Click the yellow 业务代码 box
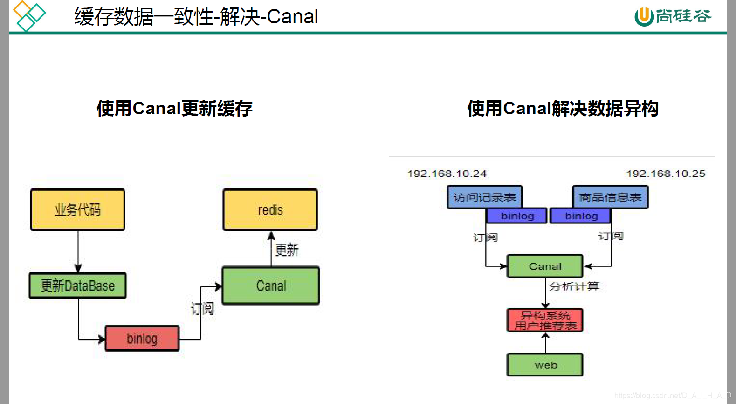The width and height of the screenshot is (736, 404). (x=78, y=210)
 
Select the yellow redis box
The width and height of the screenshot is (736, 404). (x=270, y=210)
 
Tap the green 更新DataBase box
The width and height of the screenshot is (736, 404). (x=78, y=286)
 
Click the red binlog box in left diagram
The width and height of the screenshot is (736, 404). (x=142, y=339)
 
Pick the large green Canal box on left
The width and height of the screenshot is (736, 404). (x=271, y=286)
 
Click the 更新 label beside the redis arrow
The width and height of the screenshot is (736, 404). (x=287, y=250)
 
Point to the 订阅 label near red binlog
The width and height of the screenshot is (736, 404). (x=202, y=308)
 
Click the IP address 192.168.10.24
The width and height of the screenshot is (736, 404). (x=447, y=174)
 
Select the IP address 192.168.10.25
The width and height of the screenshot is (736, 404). (x=666, y=174)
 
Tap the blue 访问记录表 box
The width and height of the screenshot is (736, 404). (x=484, y=197)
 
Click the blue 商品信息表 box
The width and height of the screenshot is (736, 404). (x=610, y=197)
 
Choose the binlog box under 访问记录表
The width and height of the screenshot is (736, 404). (x=517, y=216)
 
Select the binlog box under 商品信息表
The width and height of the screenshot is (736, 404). (x=581, y=216)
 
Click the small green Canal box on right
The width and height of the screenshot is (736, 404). (x=545, y=266)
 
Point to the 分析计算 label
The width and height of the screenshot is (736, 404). (x=574, y=286)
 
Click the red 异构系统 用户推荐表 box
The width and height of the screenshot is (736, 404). (x=545, y=320)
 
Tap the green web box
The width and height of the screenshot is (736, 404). (x=545, y=365)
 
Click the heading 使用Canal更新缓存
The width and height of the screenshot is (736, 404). (x=174, y=109)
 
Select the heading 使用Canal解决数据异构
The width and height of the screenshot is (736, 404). (x=563, y=109)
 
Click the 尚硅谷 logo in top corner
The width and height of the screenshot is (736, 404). (x=673, y=16)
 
